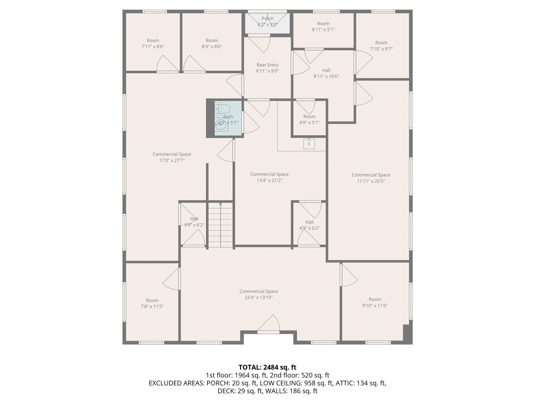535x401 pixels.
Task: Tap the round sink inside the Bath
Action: click(221, 125)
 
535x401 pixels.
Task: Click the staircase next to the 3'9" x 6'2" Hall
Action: click(220, 225)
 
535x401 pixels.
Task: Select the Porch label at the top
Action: click(267, 19)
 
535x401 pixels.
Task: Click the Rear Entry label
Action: click(267, 65)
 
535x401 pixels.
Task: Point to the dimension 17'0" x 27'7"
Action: click(172, 160)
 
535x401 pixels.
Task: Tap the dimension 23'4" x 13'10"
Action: click(259, 297)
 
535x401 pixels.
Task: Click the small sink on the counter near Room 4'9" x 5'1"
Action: click(309, 144)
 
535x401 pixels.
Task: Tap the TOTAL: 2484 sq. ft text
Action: click(267, 367)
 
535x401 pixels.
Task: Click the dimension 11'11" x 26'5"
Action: click(371, 181)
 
